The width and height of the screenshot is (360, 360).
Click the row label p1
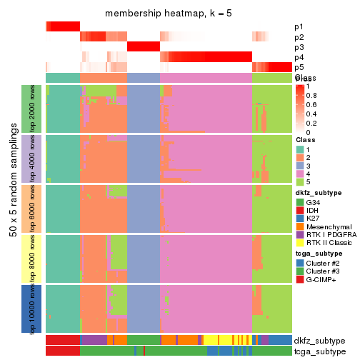(x=298, y=27)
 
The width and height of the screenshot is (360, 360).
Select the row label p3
(x=298, y=47)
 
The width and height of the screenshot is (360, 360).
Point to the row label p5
(x=298, y=67)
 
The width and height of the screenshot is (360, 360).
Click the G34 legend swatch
(x=299, y=201)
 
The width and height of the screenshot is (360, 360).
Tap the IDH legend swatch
(x=299, y=211)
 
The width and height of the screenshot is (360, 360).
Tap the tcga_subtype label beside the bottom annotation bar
(x=318, y=351)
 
